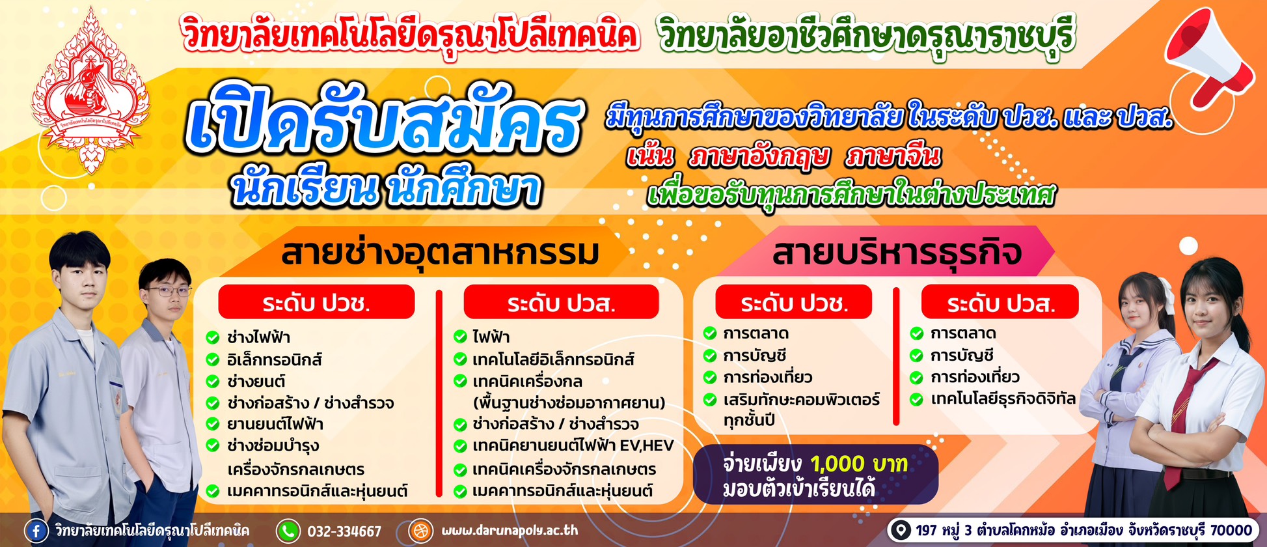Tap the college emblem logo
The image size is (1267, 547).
90,91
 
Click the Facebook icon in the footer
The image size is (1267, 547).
36,531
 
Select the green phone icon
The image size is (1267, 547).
288,531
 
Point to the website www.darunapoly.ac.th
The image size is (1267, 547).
510,531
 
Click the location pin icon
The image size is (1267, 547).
901,530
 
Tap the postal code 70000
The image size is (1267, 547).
1231,530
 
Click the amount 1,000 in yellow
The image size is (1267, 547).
846,464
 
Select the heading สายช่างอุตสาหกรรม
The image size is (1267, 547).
440,253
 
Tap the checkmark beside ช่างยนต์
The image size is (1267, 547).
213,382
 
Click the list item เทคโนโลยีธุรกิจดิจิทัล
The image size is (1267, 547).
1003,399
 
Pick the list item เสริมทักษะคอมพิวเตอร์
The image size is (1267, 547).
801,399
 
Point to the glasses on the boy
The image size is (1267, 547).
169,291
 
